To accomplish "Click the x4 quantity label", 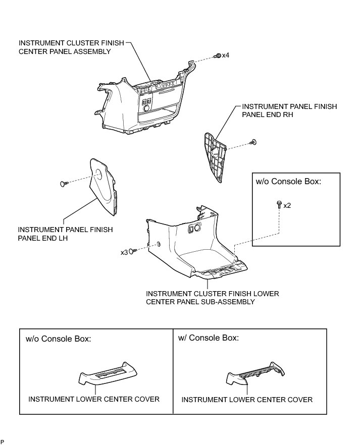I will (x=225, y=55).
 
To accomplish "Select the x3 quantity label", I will (x=123, y=252).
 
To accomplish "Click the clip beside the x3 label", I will (x=133, y=251).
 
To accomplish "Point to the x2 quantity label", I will (x=287, y=205).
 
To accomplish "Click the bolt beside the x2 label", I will (x=279, y=204).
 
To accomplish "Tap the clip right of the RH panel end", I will (x=254, y=143).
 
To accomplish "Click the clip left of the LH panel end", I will (x=63, y=184).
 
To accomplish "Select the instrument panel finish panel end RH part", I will (x=216, y=157).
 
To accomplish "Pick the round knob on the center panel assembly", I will (x=147, y=108).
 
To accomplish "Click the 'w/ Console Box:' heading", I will (x=209, y=338).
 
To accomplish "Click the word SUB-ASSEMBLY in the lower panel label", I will (x=223, y=302).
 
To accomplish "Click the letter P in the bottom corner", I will (x=3, y=441).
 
